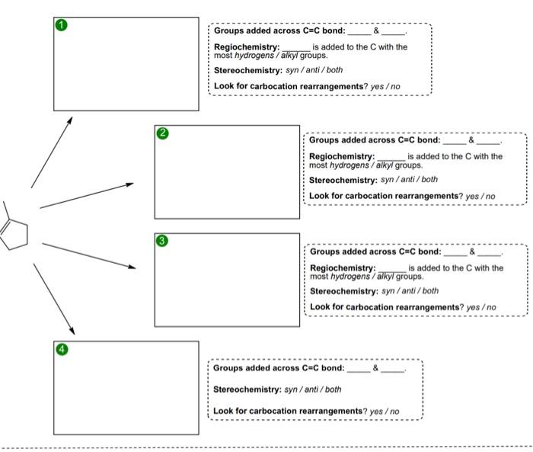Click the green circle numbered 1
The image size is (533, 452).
62,25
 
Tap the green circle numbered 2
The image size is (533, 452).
162,133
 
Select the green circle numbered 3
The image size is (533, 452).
161,242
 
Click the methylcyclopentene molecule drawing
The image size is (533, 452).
13,227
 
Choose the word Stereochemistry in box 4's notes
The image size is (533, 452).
247,389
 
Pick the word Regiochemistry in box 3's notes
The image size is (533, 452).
342,268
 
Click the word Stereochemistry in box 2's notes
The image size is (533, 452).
343,180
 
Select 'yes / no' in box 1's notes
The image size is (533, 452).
385,86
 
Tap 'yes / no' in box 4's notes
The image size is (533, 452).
385,412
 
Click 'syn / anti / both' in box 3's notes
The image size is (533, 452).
410,291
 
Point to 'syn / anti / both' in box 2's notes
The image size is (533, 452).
409,180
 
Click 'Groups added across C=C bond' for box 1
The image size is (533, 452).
279,31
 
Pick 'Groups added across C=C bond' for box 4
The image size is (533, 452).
278,368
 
